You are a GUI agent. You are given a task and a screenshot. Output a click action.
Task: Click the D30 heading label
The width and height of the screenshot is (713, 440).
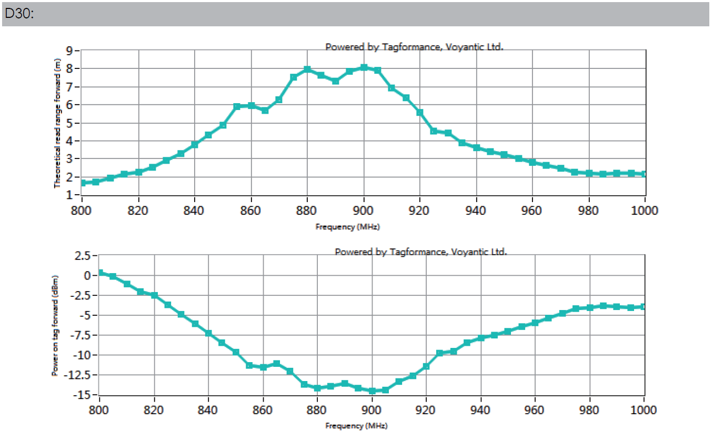pos(18,15)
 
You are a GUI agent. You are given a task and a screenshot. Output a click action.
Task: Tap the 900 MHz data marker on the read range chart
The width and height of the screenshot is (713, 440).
pos(364,67)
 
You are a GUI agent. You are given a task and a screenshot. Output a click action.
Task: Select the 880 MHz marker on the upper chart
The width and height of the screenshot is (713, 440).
pos(307,69)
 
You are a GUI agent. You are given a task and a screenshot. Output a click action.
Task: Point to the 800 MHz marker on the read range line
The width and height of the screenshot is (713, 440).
pos(83,183)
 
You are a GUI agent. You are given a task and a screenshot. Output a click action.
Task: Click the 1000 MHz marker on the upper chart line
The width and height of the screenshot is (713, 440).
pos(645,174)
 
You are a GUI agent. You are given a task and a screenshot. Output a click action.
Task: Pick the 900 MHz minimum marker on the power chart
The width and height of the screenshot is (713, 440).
pos(372,391)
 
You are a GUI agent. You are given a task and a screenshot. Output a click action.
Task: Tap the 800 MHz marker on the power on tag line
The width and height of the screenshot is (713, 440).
pos(99,273)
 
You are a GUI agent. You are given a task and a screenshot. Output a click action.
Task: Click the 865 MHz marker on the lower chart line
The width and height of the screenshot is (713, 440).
pos(276,364)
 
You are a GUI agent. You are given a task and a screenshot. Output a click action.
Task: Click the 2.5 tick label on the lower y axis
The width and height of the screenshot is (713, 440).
pos(83,256)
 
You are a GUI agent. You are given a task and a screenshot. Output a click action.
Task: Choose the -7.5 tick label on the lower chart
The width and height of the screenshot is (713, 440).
pos(83,335)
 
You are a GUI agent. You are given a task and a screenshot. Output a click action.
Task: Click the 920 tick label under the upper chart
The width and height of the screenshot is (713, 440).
pos(420,211)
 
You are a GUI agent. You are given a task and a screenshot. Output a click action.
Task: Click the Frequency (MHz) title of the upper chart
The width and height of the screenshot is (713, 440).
pos(347,227)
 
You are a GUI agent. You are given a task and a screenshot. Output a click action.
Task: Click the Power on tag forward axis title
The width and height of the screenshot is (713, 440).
pos(55,325)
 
